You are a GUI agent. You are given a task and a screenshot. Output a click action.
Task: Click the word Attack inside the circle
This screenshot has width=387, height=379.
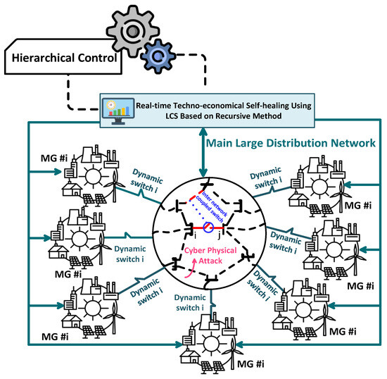pos(201,259)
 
